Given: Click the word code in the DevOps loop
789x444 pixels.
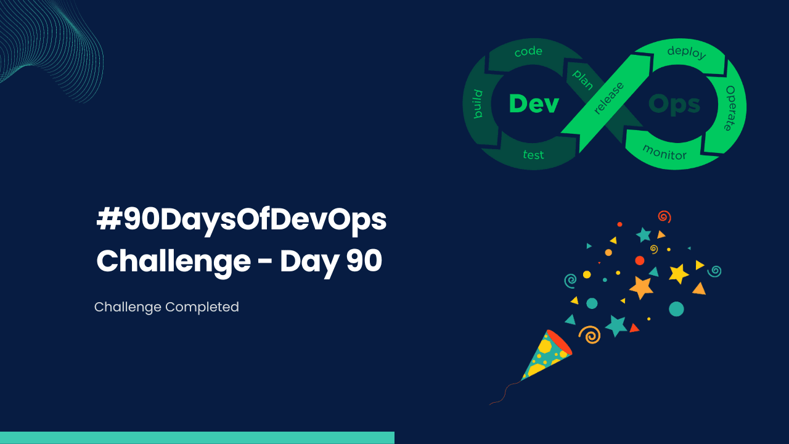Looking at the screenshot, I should coord(528,52).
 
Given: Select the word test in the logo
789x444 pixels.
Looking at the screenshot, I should coord(533,155).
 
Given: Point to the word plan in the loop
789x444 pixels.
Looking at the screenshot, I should coord(583,80).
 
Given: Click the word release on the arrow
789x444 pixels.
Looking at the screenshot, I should coord(609,98).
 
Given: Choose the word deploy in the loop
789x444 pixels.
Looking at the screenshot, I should coord(686,52).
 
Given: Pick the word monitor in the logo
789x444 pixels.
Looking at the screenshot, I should coord(664,152).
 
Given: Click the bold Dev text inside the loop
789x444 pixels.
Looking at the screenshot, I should coord(534,104).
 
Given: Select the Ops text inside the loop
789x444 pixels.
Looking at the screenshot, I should coord(674,104).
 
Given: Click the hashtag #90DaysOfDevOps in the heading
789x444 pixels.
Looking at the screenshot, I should coord(242,221).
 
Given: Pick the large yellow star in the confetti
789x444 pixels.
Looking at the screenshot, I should coord(678,273).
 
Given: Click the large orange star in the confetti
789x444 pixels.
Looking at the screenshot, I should coord(641,287).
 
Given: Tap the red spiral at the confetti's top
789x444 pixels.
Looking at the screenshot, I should coord(664,216).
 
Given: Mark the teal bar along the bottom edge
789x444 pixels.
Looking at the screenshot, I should coord(197,438).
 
